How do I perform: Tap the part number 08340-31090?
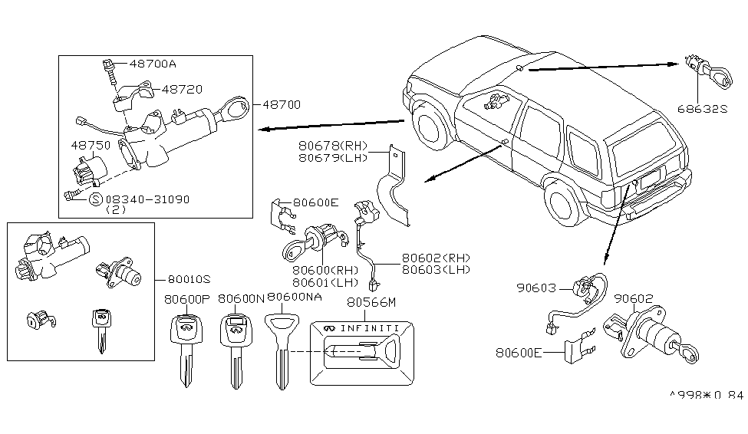pos(147,199)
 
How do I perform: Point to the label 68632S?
pos(701,109)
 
